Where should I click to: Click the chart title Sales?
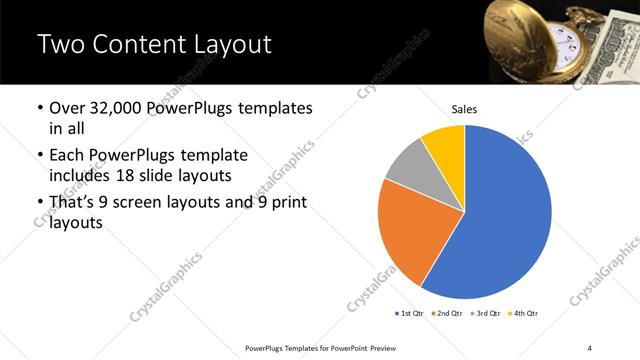[x=464, y=109]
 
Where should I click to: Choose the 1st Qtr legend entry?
[x=410, y=314]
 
